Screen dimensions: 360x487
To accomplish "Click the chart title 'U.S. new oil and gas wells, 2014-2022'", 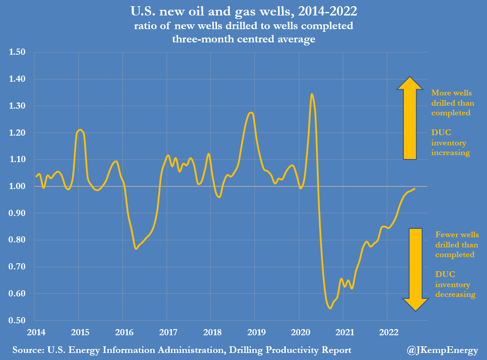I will [243, 11].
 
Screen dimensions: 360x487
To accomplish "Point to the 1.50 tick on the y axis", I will [18, 52].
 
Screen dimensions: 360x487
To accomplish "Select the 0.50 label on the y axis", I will [18, 320].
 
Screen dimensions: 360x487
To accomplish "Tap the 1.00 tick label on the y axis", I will [18, 186].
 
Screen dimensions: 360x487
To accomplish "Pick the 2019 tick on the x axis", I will [255, 332].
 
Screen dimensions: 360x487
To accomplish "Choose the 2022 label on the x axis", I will [387, 332].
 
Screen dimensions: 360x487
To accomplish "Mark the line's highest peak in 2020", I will [312, 94].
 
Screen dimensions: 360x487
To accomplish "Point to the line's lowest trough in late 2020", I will [330, 308].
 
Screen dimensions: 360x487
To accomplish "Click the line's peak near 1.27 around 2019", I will [251, 113].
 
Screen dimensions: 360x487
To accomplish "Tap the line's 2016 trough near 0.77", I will [136, 249].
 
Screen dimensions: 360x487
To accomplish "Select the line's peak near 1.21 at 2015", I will [80, 130].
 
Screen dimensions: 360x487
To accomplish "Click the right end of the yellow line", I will [415, 189].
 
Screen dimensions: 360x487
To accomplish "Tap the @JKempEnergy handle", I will [442, 350].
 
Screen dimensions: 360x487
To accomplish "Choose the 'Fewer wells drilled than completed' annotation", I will [457, 244].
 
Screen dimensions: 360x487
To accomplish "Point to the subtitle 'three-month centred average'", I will [243, 39].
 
